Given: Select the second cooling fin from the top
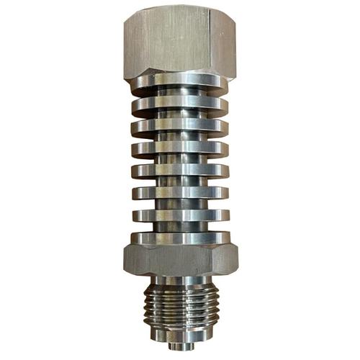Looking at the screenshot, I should click(180, 105).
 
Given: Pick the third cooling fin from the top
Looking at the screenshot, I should click(180, 127).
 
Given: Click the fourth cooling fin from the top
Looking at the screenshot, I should click(180, 150).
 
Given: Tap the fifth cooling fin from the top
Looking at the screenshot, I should click(180, 171).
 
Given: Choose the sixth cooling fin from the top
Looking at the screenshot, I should click(180, 193).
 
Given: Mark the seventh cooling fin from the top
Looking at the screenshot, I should click(180, 215).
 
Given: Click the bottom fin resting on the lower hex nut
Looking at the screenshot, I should click(180, 237).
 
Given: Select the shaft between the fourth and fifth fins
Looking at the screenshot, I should click(180, 161).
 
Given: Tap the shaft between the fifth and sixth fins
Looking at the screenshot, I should click(180, 182).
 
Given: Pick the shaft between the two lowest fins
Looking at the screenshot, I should click(180, 225).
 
